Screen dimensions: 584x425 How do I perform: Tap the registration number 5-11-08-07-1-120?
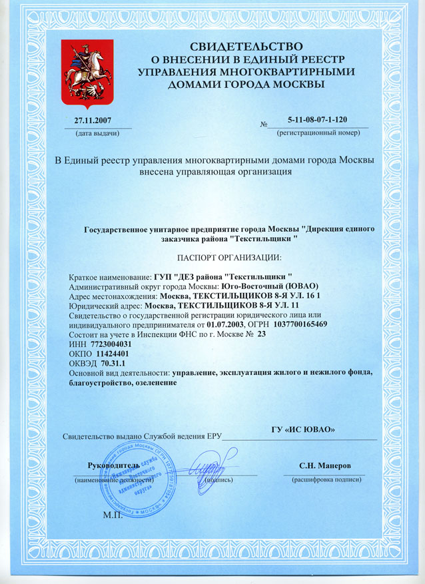tap(318, 120)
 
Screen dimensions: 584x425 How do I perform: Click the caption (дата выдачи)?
tap(95, 133)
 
